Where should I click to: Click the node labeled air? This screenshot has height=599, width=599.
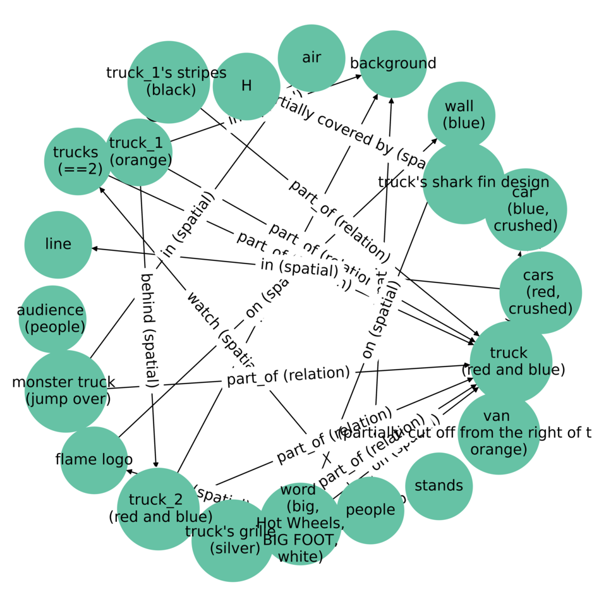coord(312,58)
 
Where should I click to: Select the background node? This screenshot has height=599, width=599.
coord(393,64)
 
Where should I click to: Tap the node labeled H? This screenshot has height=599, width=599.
coord(246,86)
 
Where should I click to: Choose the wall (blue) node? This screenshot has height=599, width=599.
coord(461,115)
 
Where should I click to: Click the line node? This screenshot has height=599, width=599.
coord(58,245)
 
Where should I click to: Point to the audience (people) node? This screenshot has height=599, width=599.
coord(52,318)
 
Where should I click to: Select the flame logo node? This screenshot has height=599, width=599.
coord(94,460)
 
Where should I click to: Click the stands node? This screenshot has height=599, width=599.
coord(439,486)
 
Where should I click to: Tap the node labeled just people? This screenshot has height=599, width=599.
coord(370,510)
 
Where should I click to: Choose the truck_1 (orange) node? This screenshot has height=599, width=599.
coord(139,152)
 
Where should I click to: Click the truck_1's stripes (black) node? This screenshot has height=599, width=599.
coord(169,82)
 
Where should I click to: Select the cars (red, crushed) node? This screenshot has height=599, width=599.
coord(540,293)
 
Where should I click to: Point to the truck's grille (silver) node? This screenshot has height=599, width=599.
coord(233,540)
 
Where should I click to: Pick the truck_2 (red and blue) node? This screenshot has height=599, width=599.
coord(158,509)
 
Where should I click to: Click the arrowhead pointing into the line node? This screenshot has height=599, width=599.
coord(95,248)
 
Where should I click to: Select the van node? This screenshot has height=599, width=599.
coord(499,433)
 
